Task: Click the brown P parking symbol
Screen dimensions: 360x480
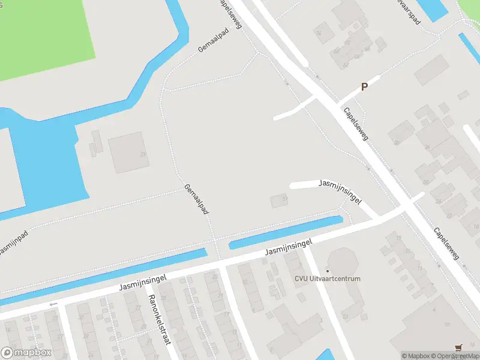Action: [364, 88]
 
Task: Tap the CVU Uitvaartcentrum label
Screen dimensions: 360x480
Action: [327, 278]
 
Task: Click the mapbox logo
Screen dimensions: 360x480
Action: [26, 353]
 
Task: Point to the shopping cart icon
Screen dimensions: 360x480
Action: [459, 347]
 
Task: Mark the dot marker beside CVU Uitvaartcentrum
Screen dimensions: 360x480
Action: [328, 271]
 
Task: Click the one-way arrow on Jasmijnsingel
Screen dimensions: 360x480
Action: [53, 304]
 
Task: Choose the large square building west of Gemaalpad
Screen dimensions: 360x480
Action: [128, 152]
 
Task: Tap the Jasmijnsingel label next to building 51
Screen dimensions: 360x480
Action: [340, 191]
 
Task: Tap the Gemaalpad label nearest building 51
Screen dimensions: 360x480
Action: [197, 200]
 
